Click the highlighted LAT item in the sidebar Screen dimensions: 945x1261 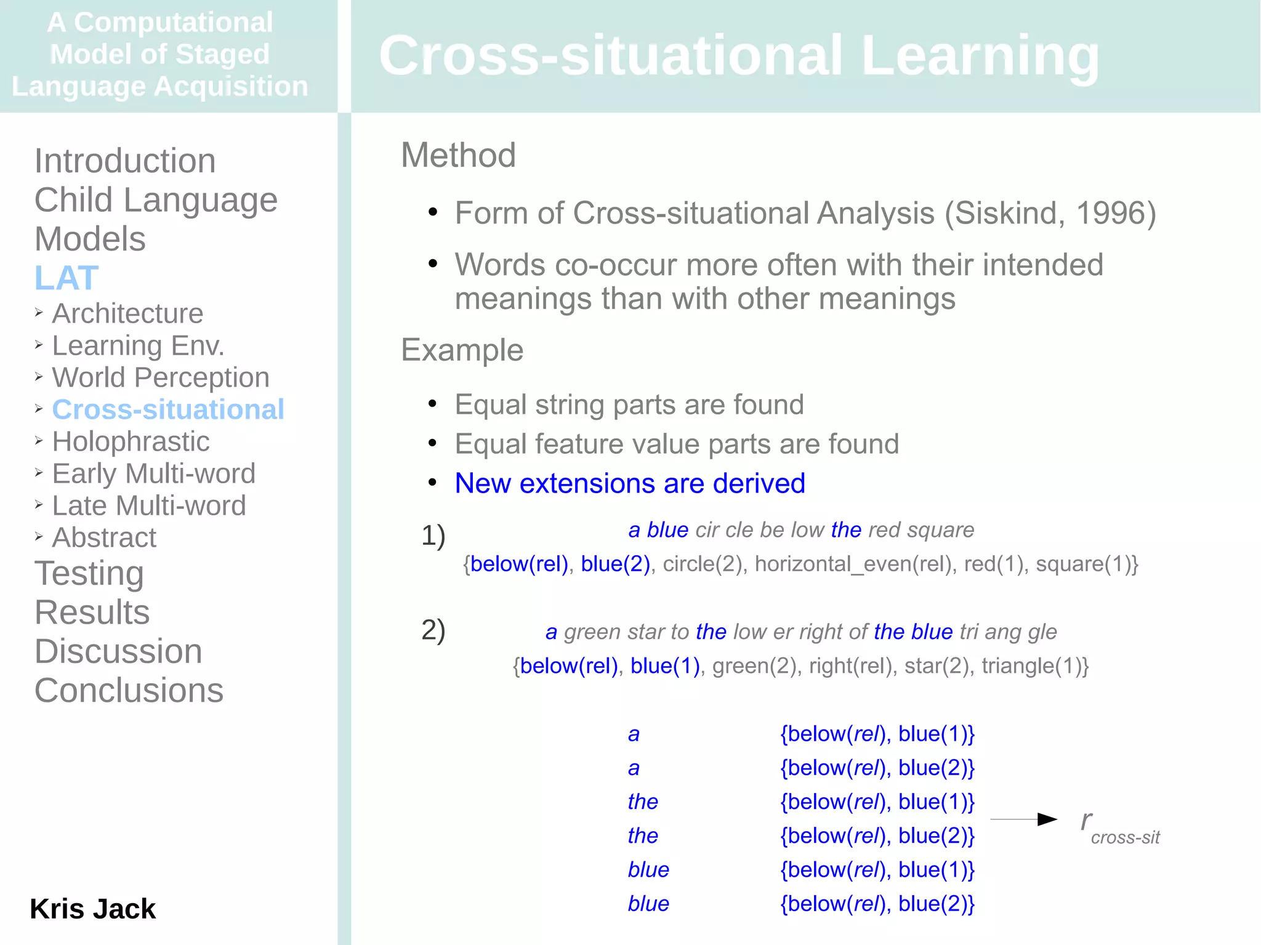(66, 278)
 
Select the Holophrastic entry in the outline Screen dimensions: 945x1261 (131, 441)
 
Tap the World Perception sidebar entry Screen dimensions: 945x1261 (161, 377)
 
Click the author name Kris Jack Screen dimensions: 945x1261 (92, 909)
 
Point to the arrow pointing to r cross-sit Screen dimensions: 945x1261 (1023, 819)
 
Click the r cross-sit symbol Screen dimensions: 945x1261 (1119, 827)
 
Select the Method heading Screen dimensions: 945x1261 (458, 155)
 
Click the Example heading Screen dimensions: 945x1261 (462, 350)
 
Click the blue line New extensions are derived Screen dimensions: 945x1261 (629, 483)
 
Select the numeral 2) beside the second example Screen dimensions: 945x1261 (433, 630)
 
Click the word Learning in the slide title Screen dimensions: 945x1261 (980, 55)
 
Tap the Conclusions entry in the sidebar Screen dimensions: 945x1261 (129, 690)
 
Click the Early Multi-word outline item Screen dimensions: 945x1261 (153, 473)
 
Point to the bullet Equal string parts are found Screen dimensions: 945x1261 (629, 404)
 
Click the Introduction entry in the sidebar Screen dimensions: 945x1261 (125, 161)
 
